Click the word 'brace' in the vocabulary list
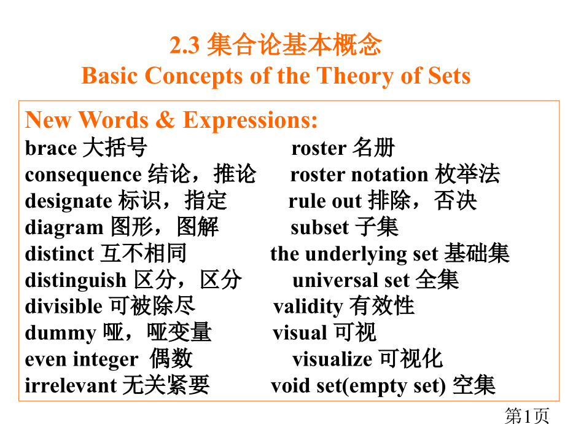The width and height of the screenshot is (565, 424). [50, 148]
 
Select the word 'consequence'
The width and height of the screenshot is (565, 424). [83, 175]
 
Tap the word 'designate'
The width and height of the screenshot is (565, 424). [68, 201]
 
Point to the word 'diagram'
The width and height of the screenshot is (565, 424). [64, 228]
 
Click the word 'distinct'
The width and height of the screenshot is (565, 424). [59, 254]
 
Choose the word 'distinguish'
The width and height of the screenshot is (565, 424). [76, 281]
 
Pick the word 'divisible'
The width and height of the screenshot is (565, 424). [63, 306]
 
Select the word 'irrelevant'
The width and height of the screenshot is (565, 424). [71, 385]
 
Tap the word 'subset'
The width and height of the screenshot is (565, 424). [319, 227]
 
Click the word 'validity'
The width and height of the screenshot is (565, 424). [308, 306]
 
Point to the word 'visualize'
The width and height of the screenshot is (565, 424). [332, 359]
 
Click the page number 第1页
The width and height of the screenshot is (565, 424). [526, 415]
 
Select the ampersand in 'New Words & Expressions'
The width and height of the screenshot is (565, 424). [165, 120]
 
